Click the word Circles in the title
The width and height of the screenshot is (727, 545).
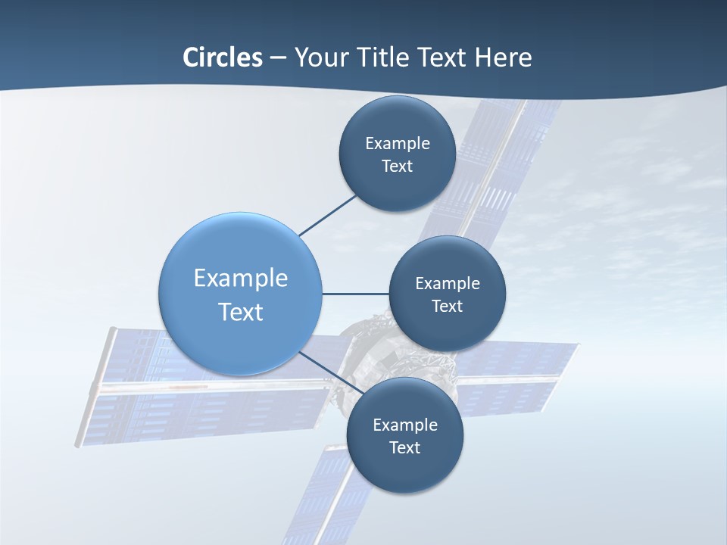[x=223, y=58]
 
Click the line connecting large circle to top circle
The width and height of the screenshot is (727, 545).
[x=327, y=215]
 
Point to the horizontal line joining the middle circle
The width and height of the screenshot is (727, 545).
[x=355, y=294]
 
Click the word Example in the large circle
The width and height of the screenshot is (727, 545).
[x=240, y=278]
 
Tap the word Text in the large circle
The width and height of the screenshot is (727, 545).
[x=240, y=312]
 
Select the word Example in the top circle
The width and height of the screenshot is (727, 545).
[x=397, y=144]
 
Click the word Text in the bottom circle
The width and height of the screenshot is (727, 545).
[x=404, y=447]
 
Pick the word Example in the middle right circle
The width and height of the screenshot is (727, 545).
[x=447, y=284]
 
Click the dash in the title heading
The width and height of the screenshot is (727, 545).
[x=278, y=58]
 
